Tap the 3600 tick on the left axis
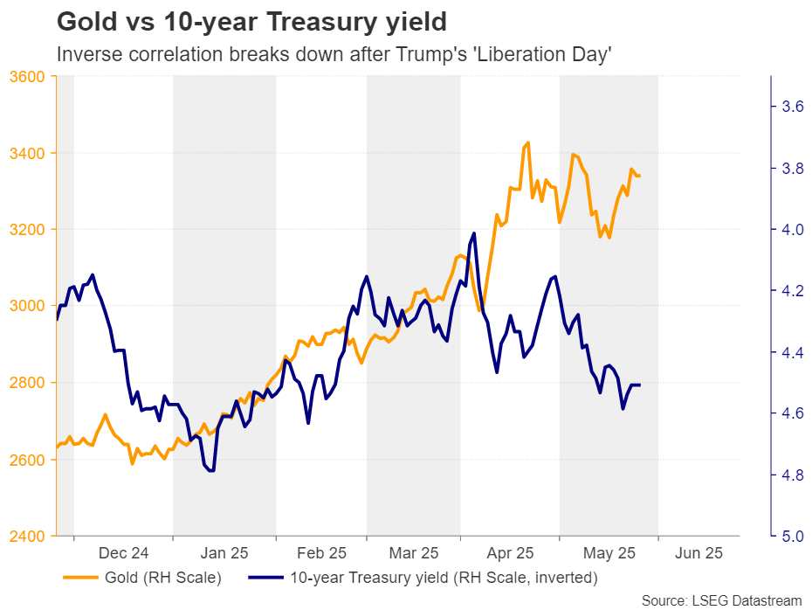(x=29, y=76)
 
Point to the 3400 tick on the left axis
(x=29, y=153)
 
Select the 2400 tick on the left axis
(x=29, y=536)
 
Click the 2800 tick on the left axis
(x=29, y=383)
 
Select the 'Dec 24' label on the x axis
(x=123, y=553)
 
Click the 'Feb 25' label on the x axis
(x=321, y=553)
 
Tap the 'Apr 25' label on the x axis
(x=510, y=553)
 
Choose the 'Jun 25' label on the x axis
(x=698, y=553)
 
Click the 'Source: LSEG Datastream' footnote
(x=721, y=600)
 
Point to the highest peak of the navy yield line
(x=474, y=233)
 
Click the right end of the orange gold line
(x=640, y=176)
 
